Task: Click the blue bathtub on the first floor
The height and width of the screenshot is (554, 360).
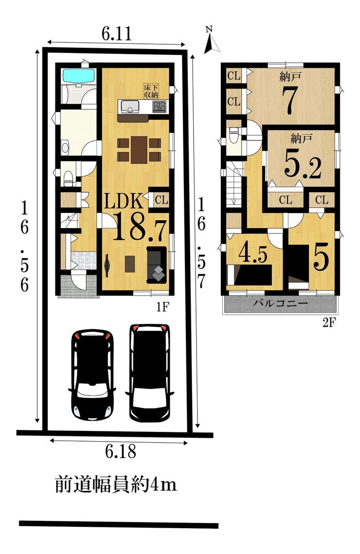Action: (x=78, y=75)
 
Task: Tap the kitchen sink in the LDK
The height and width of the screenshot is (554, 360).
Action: (x=130, y=106)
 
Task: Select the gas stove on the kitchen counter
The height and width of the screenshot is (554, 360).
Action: (x=160, y=107)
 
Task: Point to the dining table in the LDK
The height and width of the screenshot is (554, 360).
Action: (x=139, y=150)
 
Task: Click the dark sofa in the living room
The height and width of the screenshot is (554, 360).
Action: (x=156, y=265)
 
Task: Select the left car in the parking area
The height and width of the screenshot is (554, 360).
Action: (x=92, y=375)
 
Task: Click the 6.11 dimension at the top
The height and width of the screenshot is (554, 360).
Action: (x=117, y=34)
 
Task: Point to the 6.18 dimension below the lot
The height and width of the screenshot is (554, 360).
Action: (x=120, y=451)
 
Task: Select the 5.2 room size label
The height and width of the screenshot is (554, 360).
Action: (x=303, y=166)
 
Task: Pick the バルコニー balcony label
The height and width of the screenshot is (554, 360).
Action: (x=281, y=303)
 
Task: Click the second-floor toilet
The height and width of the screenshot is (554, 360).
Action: (x=234, y=135)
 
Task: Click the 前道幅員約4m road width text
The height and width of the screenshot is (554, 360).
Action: (x=116, y=484)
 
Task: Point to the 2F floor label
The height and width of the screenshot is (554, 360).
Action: (x=328, y=323)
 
